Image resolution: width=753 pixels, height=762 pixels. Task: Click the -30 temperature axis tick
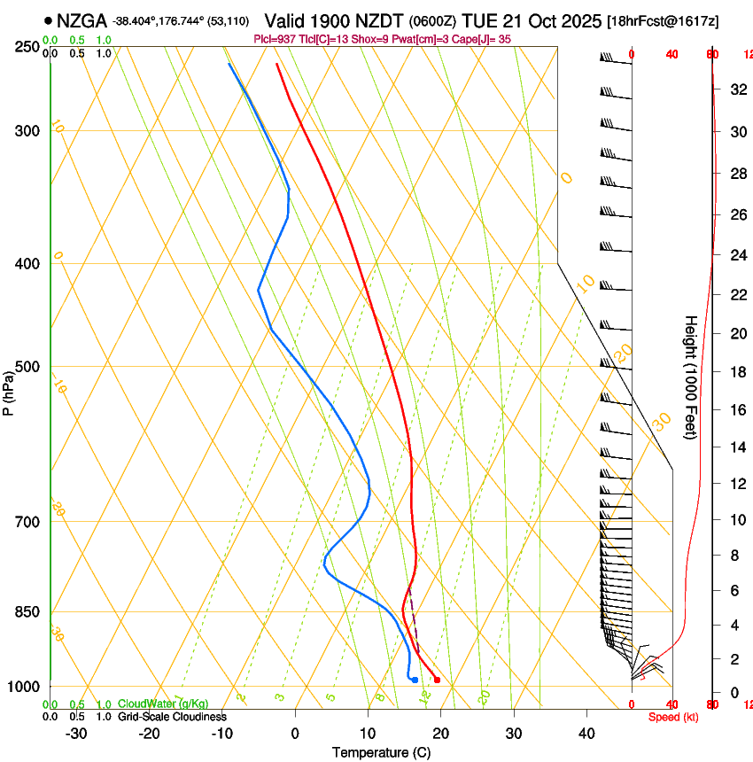tap(76, 734)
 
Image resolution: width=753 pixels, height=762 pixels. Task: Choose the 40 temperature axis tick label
tap(586, 734)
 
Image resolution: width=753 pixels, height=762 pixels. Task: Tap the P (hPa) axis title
tap(8, 391)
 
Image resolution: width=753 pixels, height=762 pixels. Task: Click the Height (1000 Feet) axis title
tap(691, 377)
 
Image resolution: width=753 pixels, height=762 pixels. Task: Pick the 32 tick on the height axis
tap(736, 89)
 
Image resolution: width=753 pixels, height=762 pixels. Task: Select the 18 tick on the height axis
tap(736, 372)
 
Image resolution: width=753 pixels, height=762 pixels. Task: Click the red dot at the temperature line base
tap(437, 680)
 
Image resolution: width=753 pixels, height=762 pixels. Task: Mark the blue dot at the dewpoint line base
tap(415, 680)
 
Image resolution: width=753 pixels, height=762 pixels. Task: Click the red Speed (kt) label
tap(672, 717)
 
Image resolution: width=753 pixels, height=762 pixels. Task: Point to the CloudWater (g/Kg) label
tap(163, 704)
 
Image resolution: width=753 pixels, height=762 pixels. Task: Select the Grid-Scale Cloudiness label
tap(172, 717)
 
